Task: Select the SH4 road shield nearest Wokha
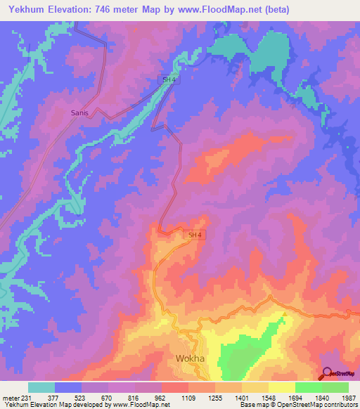click(x=195, y=235)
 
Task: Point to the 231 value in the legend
click(x=26, y=398)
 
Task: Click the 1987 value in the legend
click(x=349, y=398)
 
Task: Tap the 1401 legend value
click(x=242, y=398)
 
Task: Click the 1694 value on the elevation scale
click(x=295, y=398)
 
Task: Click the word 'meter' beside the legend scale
click(x=10, y=398)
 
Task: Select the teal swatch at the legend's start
click(x=41, y=387)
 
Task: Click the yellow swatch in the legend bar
click(x=282, y=387)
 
